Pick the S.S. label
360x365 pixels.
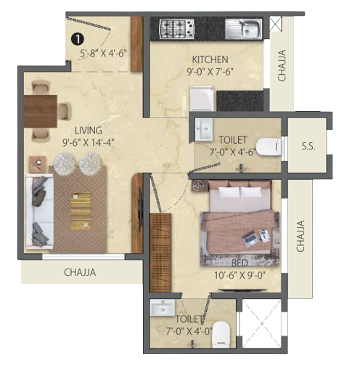pyautogui.click(x=308, y=145)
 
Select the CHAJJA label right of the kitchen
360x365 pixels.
pyautogui.click(x=282, y=66)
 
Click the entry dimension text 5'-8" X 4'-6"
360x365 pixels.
pyautogui.click(x=103, y=52)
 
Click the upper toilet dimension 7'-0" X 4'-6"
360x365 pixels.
pyautogui.click(x=232, y=153)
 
